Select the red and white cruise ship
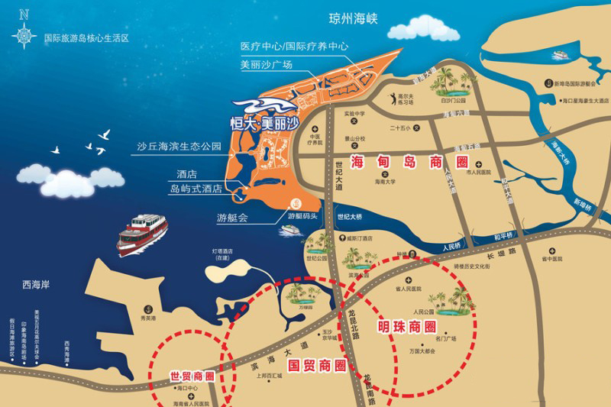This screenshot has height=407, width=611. [142, 232]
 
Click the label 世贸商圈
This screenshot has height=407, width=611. [192, 376]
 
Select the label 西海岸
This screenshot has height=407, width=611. [35, 285]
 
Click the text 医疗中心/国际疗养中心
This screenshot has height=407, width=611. [294, 47]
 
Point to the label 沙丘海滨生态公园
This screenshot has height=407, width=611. [179, 145]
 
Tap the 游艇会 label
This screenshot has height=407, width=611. [232, 217]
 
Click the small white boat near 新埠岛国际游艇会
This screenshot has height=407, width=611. [561, 55]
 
